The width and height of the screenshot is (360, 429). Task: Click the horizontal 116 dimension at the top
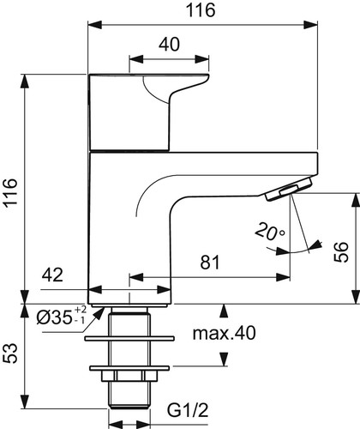[201, 10]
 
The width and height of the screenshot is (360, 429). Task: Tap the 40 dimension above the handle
[170, 45]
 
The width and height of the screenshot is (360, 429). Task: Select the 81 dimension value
[210, 263]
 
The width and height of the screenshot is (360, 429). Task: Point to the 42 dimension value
[52, 275]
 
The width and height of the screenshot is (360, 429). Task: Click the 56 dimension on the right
[341, 251]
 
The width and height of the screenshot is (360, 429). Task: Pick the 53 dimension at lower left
[10, 353]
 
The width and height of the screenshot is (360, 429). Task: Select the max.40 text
[225, 333]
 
